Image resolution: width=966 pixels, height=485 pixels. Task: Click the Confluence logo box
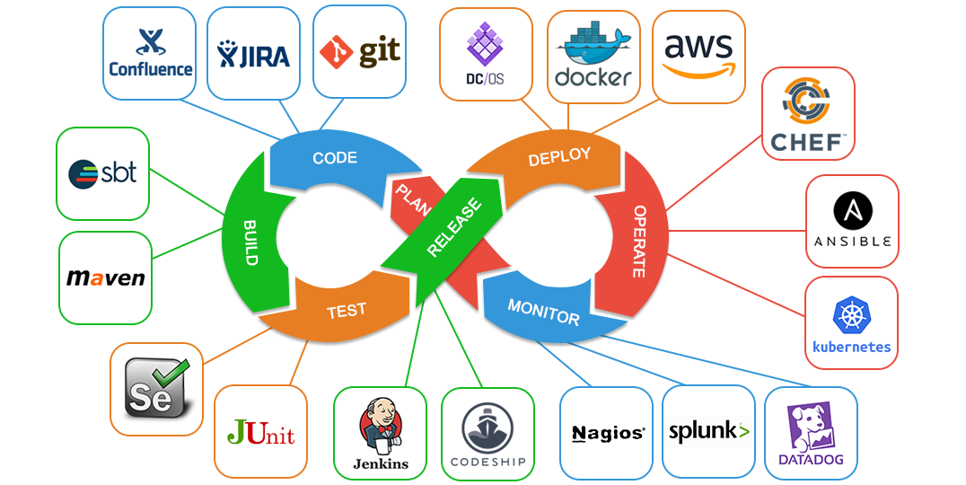(x=150, y=53)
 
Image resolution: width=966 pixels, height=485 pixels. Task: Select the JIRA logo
(x=254, y=54)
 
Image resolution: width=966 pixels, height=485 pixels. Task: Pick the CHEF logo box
(x=807, y=114)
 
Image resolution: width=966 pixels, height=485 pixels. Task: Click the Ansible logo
(x=852, y=221)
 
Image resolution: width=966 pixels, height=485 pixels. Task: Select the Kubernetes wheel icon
(x=851, y=316)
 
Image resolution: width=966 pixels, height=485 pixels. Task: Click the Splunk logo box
(x=708, y=432)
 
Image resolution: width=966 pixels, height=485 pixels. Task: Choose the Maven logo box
(x=105, y=278)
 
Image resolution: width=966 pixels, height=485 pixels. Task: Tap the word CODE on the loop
(x=335, y=158)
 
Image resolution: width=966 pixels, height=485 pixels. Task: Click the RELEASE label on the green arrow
(x=453, y=228)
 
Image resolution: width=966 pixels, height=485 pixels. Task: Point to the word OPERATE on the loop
(x=640, y=242)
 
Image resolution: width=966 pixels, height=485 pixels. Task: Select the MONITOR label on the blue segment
(x=543, y=312)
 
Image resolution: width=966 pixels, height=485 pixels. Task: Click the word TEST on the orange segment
(x=346, y=311)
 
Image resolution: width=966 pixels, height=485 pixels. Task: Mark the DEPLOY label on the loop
(x=559, y=157)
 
